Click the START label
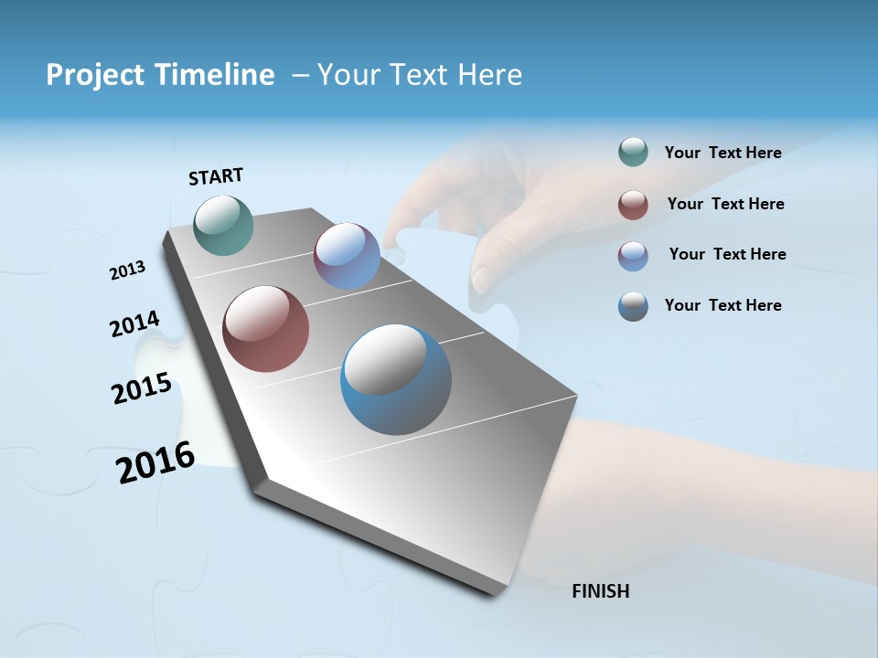(216, 176)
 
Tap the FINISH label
(600, 591)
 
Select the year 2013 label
(127, 271)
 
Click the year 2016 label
(155, 462)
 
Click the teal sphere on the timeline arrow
(223, 225)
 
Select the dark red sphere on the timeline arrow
(265, 329)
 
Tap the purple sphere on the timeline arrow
(347, 256)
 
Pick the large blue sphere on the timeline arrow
(396, 379)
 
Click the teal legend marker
(633, 153)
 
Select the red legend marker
(633, 205)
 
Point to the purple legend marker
(633, 256)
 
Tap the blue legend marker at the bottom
(633, 306)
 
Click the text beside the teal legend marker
(723, 153)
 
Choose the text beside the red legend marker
(725, 204)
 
